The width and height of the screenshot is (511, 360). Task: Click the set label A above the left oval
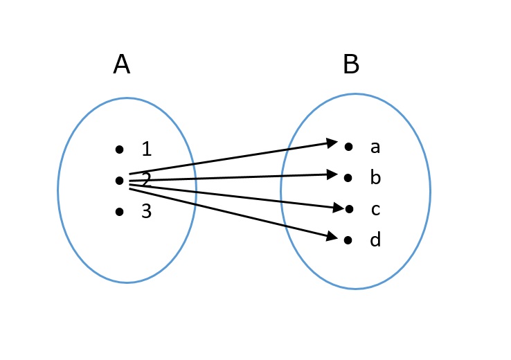click(121, 65)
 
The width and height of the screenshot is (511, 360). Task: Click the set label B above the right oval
click(351, 65)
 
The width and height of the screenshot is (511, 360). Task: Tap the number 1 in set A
click(146, 149)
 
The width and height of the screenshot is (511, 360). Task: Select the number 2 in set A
click(146, 181)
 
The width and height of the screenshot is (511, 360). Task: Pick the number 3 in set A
click(146, 212)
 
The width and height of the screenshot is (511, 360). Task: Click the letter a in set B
click(375, 147)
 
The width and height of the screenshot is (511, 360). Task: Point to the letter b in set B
click(375, 178)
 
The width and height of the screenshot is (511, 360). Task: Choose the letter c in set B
click(375, 209)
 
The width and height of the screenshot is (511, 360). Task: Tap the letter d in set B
click(375, 240)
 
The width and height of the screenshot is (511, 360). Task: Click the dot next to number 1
click(120, 149)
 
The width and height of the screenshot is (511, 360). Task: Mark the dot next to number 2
click(120, 181)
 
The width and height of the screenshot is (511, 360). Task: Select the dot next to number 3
click(120, 212)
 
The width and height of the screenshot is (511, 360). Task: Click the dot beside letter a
click(348, 147)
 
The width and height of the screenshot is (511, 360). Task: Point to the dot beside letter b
click(348, 178)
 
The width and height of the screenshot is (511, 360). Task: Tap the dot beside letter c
click(348, 208)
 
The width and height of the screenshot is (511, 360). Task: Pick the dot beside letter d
click(348, 240)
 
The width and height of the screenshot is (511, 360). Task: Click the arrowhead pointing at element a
click(332, 143)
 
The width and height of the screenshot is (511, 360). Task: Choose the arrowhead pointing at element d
click(332, 237)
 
